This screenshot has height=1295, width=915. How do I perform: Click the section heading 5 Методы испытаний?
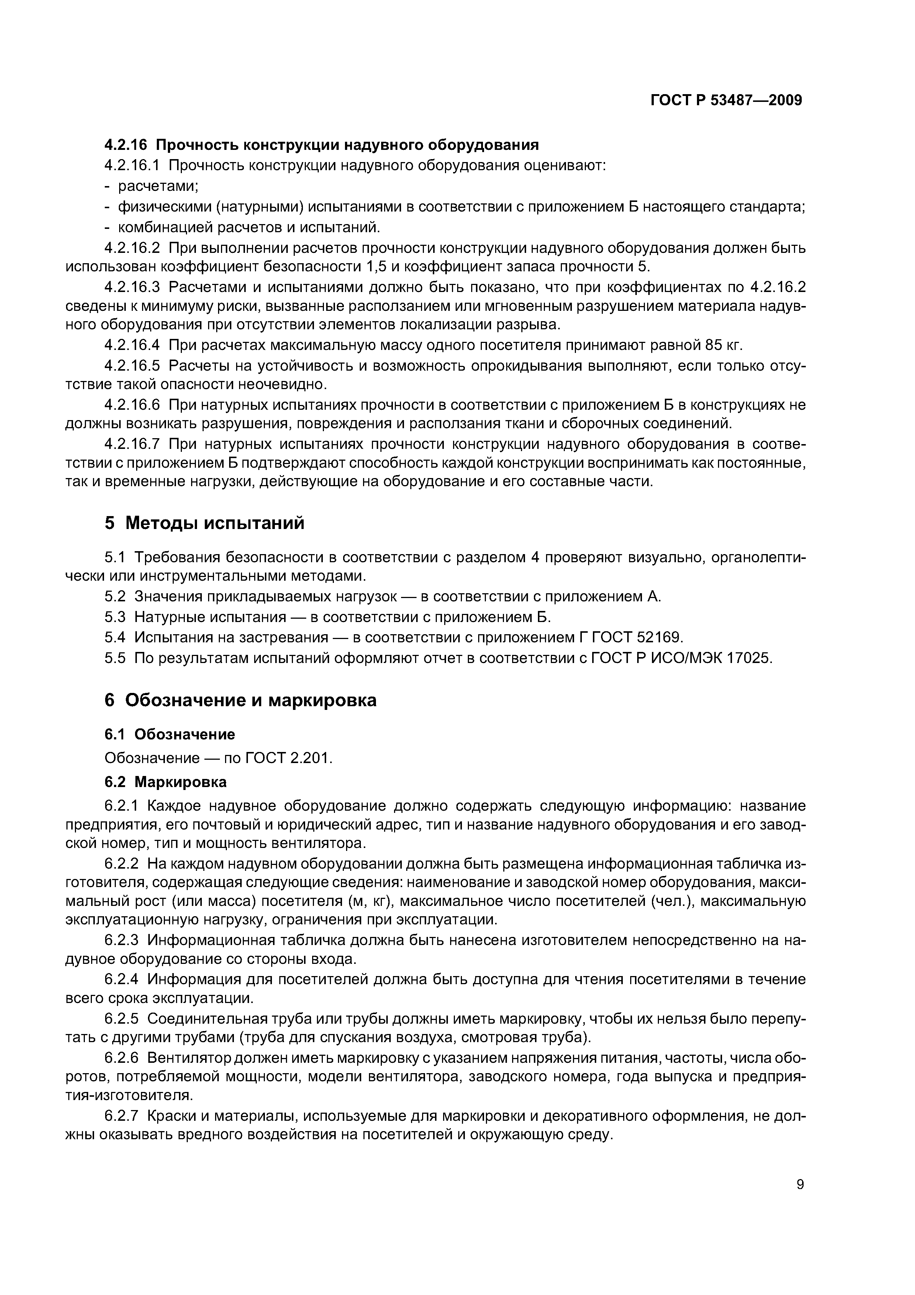204,523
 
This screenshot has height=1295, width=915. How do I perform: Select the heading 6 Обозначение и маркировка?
240,700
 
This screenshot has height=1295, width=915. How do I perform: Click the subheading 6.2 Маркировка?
166,782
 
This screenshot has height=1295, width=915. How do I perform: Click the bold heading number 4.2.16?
125,145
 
